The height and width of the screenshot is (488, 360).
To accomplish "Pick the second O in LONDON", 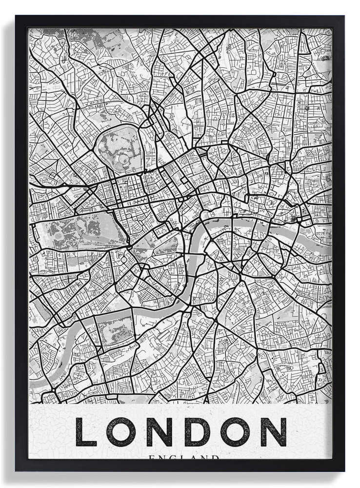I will tap(233, 432).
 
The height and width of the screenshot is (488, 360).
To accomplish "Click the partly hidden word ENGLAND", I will tap(184, 457).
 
